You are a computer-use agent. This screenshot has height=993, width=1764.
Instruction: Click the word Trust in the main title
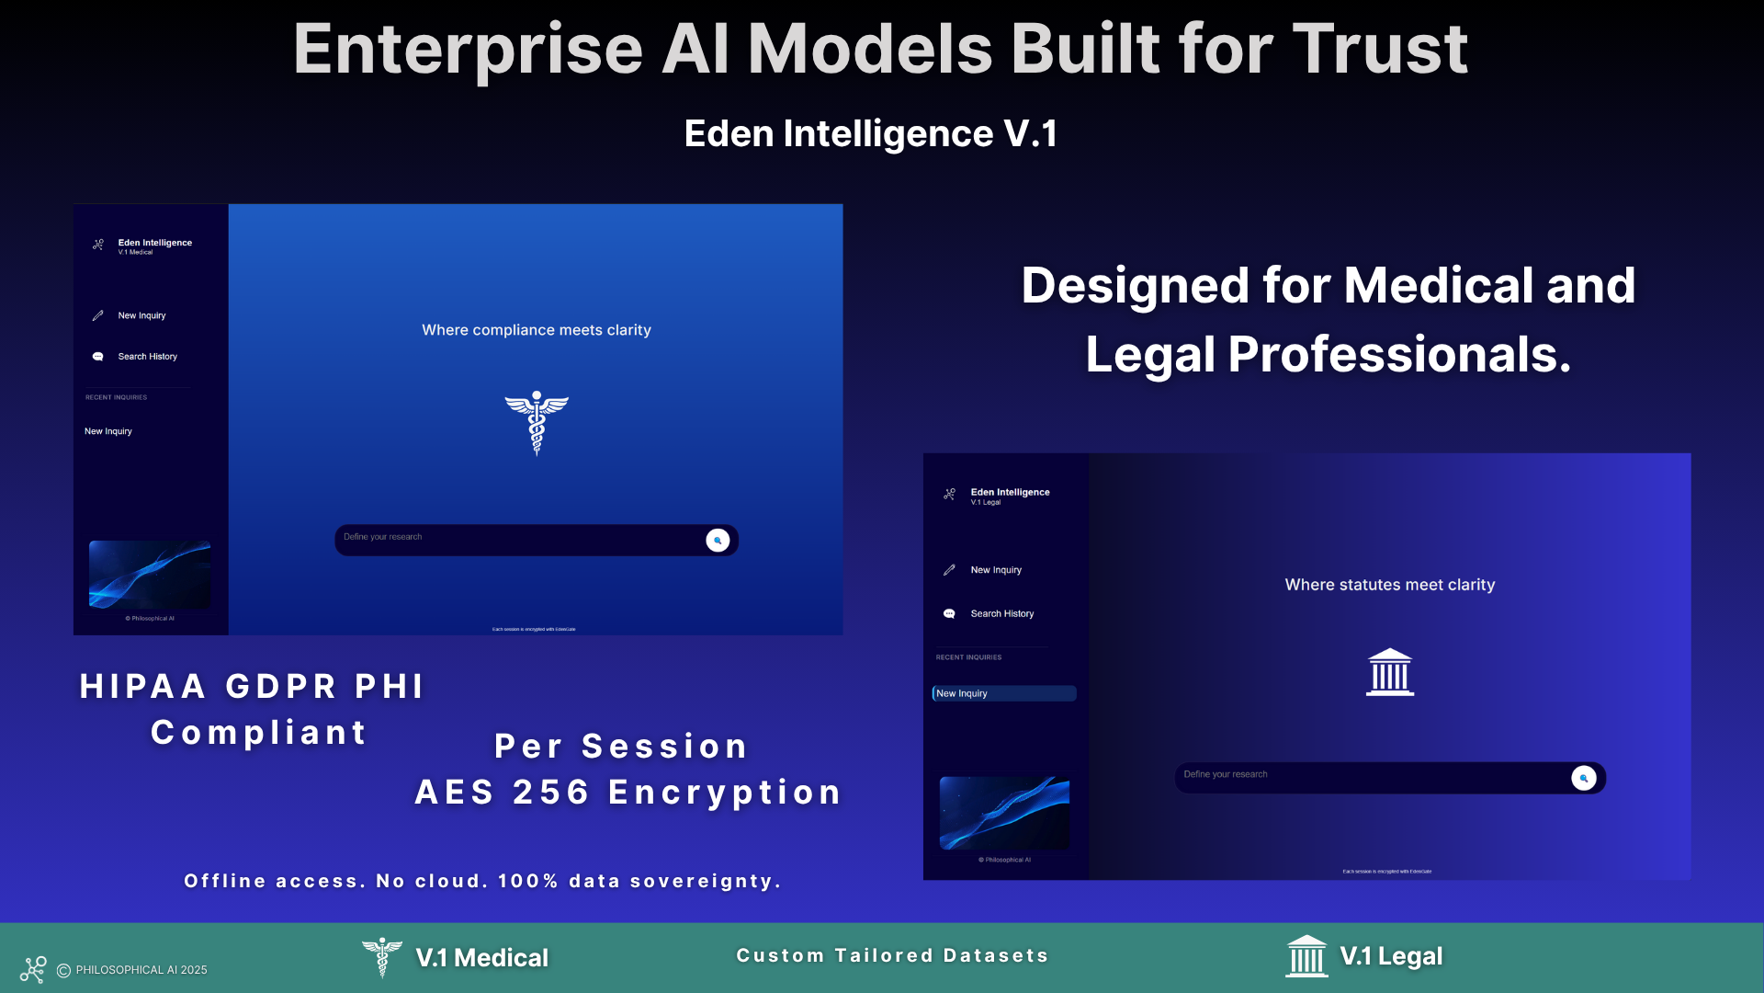pos(1380,50)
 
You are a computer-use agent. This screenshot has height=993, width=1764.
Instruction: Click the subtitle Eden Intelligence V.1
pos(870,134)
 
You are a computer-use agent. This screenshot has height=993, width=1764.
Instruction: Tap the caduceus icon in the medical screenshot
pos(537,423)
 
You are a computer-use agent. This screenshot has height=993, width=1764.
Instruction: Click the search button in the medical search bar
pos(718,541)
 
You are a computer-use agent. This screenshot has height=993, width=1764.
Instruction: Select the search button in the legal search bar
pos(1583,778)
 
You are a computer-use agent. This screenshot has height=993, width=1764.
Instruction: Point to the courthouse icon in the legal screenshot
pos(1389,672)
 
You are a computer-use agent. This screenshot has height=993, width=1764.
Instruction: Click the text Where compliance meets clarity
pos(536,330)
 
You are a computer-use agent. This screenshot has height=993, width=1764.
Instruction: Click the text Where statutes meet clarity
pos(1389,585)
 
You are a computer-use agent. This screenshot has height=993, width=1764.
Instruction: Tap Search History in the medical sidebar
pos(147,357)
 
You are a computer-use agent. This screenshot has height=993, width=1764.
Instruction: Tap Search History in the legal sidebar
pos(1001,614)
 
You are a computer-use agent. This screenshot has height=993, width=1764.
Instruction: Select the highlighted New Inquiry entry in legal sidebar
pos(1003,693)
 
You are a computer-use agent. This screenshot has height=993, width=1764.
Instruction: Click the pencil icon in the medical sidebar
pos(98,315)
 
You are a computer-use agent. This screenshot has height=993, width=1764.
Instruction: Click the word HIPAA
pos(142,687)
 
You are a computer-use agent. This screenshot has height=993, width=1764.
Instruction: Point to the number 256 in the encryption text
pos(550,793)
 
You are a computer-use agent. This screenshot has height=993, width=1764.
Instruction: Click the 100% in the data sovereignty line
pos(527,881)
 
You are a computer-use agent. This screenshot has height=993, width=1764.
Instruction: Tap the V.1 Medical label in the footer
pos(481,958)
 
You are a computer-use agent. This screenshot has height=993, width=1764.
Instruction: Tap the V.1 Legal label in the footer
pos(1390,956)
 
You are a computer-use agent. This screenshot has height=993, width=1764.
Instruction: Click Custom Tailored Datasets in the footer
pos(892,955)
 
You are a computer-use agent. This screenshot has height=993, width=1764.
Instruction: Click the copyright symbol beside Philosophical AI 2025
pos(63,971)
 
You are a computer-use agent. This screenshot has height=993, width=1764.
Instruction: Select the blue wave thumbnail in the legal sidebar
pos(1004,813)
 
